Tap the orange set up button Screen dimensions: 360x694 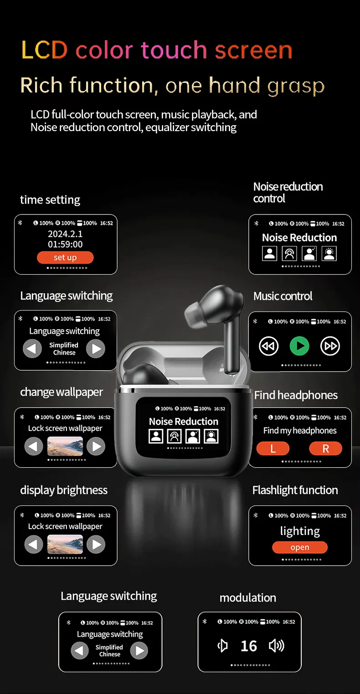pos(65,257)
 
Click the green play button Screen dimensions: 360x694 pos(299,346)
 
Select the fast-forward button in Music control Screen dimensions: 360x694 pos(330,346)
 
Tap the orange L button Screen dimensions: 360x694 pos(273,449)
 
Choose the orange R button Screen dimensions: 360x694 pos(325,449)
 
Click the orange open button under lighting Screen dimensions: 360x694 pos(300,547)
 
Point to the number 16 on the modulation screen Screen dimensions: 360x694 pos(249,646)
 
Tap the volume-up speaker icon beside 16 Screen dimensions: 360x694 pos(277,646)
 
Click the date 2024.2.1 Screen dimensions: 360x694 pos(65,234)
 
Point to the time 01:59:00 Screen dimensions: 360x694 pos(65,245)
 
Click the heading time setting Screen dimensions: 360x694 pos(50,200)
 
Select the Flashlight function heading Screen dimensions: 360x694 pos(295,490)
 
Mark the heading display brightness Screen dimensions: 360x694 pos(64,490)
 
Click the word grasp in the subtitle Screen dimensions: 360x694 pos(296,86)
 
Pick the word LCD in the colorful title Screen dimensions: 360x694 pos(44,50)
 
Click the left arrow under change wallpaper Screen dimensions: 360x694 pos(34,446)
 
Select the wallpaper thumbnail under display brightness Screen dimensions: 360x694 pos(65,544)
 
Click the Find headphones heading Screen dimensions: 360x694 pos(296,395)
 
